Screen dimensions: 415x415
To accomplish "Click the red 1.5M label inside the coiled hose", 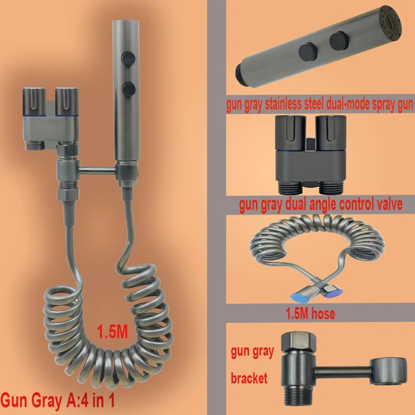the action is coord(112,331).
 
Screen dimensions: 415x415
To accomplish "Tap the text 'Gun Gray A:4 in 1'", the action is coord(58,400).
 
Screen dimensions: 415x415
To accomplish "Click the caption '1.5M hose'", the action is coord(310,313).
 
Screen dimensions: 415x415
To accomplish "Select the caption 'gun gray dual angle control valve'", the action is coord(320,204).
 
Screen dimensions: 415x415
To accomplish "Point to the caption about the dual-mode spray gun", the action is coord(320,104).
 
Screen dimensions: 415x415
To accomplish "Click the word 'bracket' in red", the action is coord(249,377).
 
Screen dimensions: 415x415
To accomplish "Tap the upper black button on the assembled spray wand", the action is coord(128,58).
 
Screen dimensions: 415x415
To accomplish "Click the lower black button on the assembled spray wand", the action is coord(128,89).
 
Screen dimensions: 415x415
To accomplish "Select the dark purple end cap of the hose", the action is coord(334,292).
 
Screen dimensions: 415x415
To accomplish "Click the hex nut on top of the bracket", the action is coord(298,342).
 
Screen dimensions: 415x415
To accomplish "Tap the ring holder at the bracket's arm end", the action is coord(388,371).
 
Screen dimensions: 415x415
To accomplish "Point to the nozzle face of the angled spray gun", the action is coord(390,24).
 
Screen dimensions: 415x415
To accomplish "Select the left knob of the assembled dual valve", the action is coord(34,102).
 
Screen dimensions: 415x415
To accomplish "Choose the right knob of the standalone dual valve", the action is coord(331,133).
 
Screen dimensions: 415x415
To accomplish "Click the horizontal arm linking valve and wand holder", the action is coord(97,171).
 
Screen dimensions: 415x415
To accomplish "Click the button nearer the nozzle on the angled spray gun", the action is coord(338,41).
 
